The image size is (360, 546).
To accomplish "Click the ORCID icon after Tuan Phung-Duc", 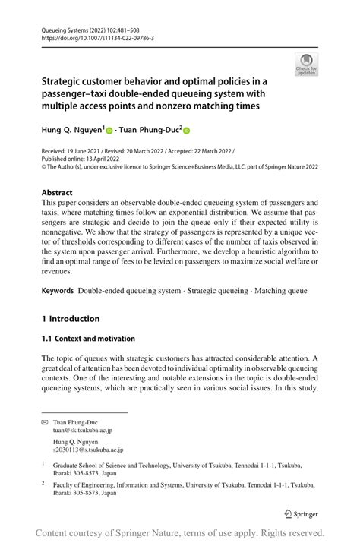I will (x=186, y=131).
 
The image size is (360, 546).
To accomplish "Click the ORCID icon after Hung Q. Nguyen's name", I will (x=109, y=131).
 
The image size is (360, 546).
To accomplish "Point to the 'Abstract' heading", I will (x=58, y=193).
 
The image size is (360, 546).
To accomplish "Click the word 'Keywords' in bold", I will (x=57, y=291).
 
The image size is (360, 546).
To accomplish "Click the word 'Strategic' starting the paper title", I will (x=66, y=80).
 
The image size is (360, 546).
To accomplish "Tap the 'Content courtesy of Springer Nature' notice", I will (x=180, y=532).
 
